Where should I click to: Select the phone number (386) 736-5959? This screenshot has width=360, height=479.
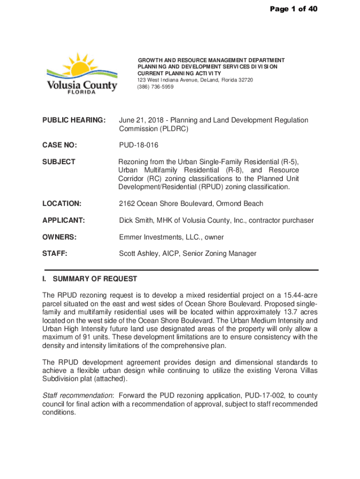pyautogui.click(x=155, y=87)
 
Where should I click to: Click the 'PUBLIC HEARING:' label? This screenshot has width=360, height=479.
pyautogui.click(x=73, y=120)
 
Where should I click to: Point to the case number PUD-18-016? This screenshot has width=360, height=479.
pyautogui.click(x=139, y=145)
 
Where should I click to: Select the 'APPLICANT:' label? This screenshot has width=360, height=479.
pyautogui.click(x=64, y=220)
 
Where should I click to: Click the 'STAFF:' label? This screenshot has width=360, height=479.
pyautogui.click(x=55, y=254)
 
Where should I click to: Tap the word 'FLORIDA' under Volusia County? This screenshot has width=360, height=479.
pyautogui.click(x=81, y=92)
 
